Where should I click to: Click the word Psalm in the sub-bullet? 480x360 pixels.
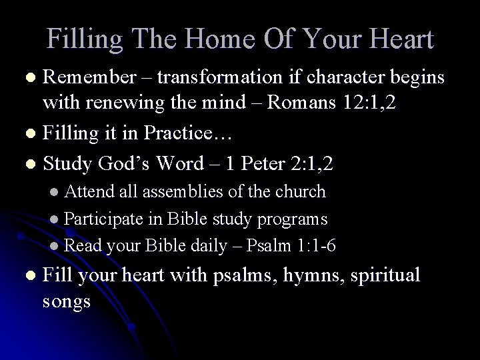265,245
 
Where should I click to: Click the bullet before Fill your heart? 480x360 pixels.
27,276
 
